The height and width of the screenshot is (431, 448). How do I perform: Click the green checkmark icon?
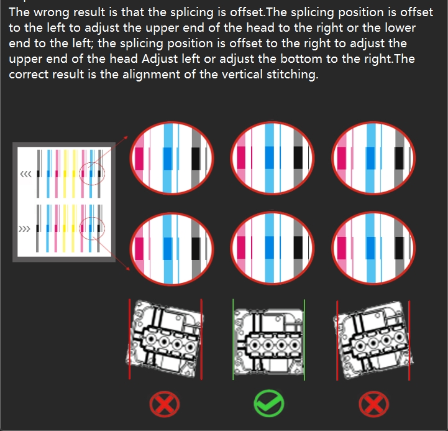269,403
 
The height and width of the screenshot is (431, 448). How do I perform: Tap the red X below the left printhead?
165,404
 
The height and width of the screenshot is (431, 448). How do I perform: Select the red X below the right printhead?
373,404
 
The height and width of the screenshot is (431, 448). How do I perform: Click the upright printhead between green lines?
268,341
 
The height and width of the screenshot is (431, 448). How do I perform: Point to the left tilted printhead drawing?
165,338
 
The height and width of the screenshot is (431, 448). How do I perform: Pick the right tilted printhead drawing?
373,340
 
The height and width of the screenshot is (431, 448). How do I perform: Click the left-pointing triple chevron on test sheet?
26,174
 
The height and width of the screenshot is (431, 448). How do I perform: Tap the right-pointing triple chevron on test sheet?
24,229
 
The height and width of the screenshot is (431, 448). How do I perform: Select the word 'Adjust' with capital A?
160,59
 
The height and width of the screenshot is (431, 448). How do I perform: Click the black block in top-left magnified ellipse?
196,159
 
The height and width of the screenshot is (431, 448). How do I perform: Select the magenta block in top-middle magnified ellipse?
241,157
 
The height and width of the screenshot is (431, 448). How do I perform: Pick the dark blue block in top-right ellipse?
370,158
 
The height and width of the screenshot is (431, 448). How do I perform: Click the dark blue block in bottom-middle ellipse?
270,248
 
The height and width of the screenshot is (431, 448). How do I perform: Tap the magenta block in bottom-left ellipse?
139,249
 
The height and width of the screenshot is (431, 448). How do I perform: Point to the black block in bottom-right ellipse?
399,248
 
